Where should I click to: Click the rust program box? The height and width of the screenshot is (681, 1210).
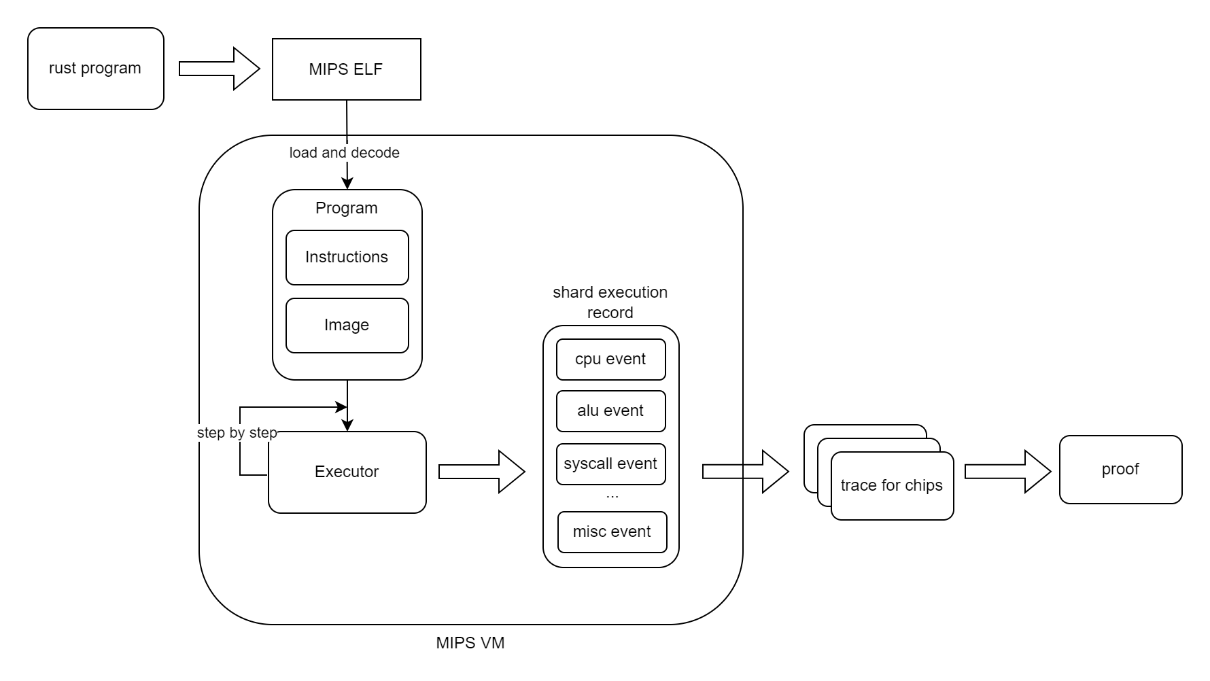tap(95, 69)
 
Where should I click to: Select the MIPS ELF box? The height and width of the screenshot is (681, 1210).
tap(346, 69)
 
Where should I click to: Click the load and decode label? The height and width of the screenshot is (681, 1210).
tap(344, 153)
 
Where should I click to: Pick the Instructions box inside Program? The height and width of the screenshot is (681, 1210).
tap(347, 258)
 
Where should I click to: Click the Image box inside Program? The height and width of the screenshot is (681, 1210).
tap(347, 326)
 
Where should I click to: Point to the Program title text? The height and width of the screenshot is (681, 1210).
tap(346, 208)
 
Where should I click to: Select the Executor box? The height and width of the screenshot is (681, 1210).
tap(347, 472)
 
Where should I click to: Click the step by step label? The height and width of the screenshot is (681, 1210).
tap(237, 433)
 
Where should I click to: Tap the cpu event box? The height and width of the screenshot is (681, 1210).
tap(610, 360)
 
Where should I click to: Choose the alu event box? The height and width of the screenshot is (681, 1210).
tap(610, 411)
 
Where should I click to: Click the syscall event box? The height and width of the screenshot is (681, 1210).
tap(610, 464)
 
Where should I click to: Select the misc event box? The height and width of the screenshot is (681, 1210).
tap(612, 532)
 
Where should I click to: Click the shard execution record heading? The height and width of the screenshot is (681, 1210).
tap(610, 302)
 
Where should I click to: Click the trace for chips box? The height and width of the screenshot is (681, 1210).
tap(891, 486)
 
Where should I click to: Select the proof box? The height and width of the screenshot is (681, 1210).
tap(1120, 470)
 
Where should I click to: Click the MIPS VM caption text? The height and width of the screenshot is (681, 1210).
tap(470, 643)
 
